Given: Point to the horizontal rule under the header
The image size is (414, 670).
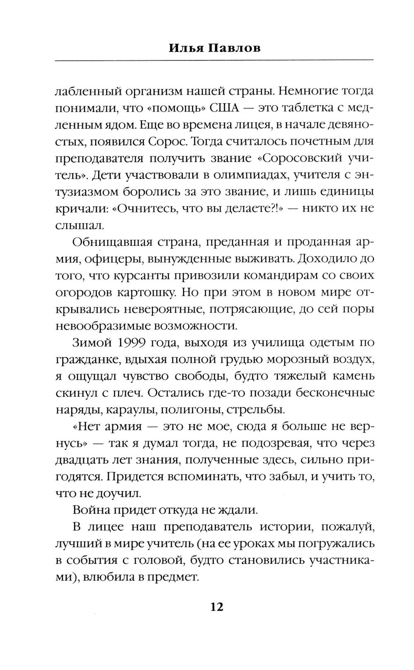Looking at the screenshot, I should [214, 61].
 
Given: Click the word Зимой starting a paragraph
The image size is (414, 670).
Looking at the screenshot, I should [89, 342].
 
